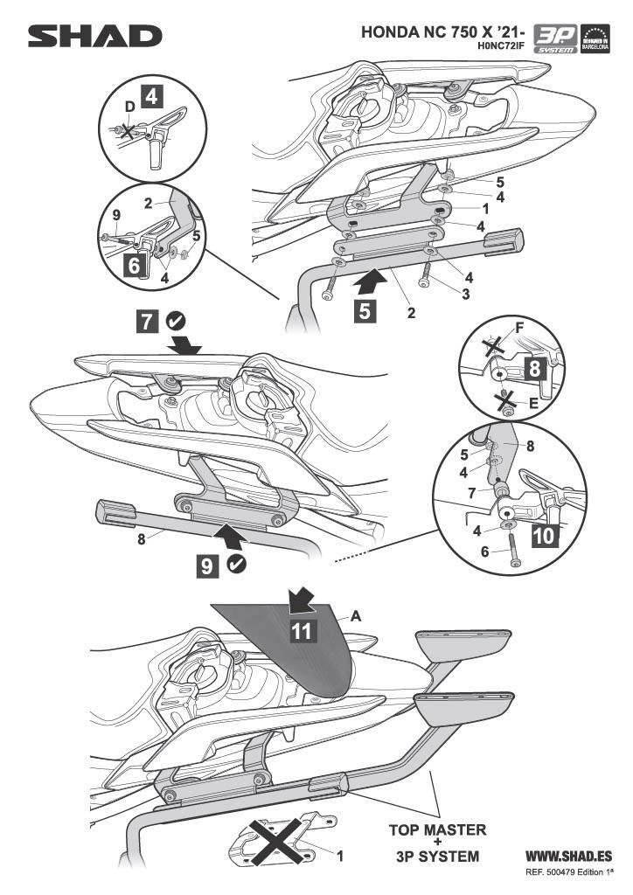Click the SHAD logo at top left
[x=94, y=36]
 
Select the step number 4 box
[x=151, y=96]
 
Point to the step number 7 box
[x=149, y=322]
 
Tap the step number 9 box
[x=207, y=566]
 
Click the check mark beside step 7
[x=175, y=322]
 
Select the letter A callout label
[x=356, y=615]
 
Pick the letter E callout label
[x=532, y=406]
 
